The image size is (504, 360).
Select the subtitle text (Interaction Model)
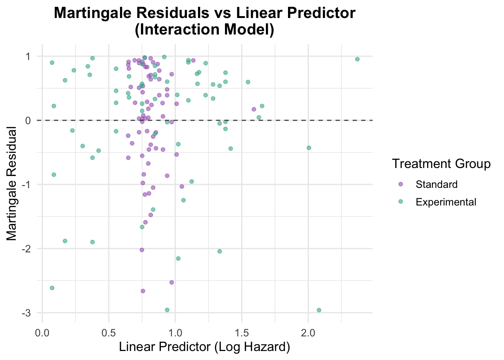(x=204, y=30)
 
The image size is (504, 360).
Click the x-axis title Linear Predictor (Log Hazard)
(x=204, y=347)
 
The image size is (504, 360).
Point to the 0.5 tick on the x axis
(x=109, y=333)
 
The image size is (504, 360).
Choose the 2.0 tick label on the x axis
(x=308, y=333)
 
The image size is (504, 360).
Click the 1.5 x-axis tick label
(x=242, y=333)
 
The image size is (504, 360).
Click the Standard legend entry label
(x=436, y=184)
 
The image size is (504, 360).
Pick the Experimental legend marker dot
(x=400, y=202)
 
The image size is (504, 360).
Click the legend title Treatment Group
(x=441, y=164)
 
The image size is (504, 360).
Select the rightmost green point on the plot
(x=357, y=59)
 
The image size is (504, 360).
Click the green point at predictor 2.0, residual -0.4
(x=309, y=148)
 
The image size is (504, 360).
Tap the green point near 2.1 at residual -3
(x=319, y=310)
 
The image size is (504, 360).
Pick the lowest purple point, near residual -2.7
(x=142, y=291)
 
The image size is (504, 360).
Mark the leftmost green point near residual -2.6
(x=52, y=288)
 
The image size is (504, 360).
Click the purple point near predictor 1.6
(x=254, y=109)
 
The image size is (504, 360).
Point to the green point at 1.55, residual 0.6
(x=248, y=82)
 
